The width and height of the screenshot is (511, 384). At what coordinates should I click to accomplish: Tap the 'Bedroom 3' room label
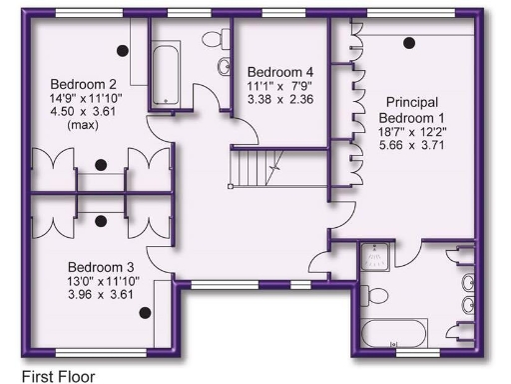pyautogui.click(x=99, y=267)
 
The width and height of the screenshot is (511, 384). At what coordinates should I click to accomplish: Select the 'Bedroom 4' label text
pyautogui.click(x=280, y=72)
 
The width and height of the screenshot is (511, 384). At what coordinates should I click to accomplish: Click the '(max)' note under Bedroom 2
pyautogui.click(x=82, y=127)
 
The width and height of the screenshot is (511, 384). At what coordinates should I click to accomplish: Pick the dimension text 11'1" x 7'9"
pyautogui.click(x=280, y=87)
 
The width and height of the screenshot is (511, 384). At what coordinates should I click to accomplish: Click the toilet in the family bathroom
pyautogui.click(x=216, y=38)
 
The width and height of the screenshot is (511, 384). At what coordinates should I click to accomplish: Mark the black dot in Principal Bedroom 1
pyautogui.click(x=408, y=42)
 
